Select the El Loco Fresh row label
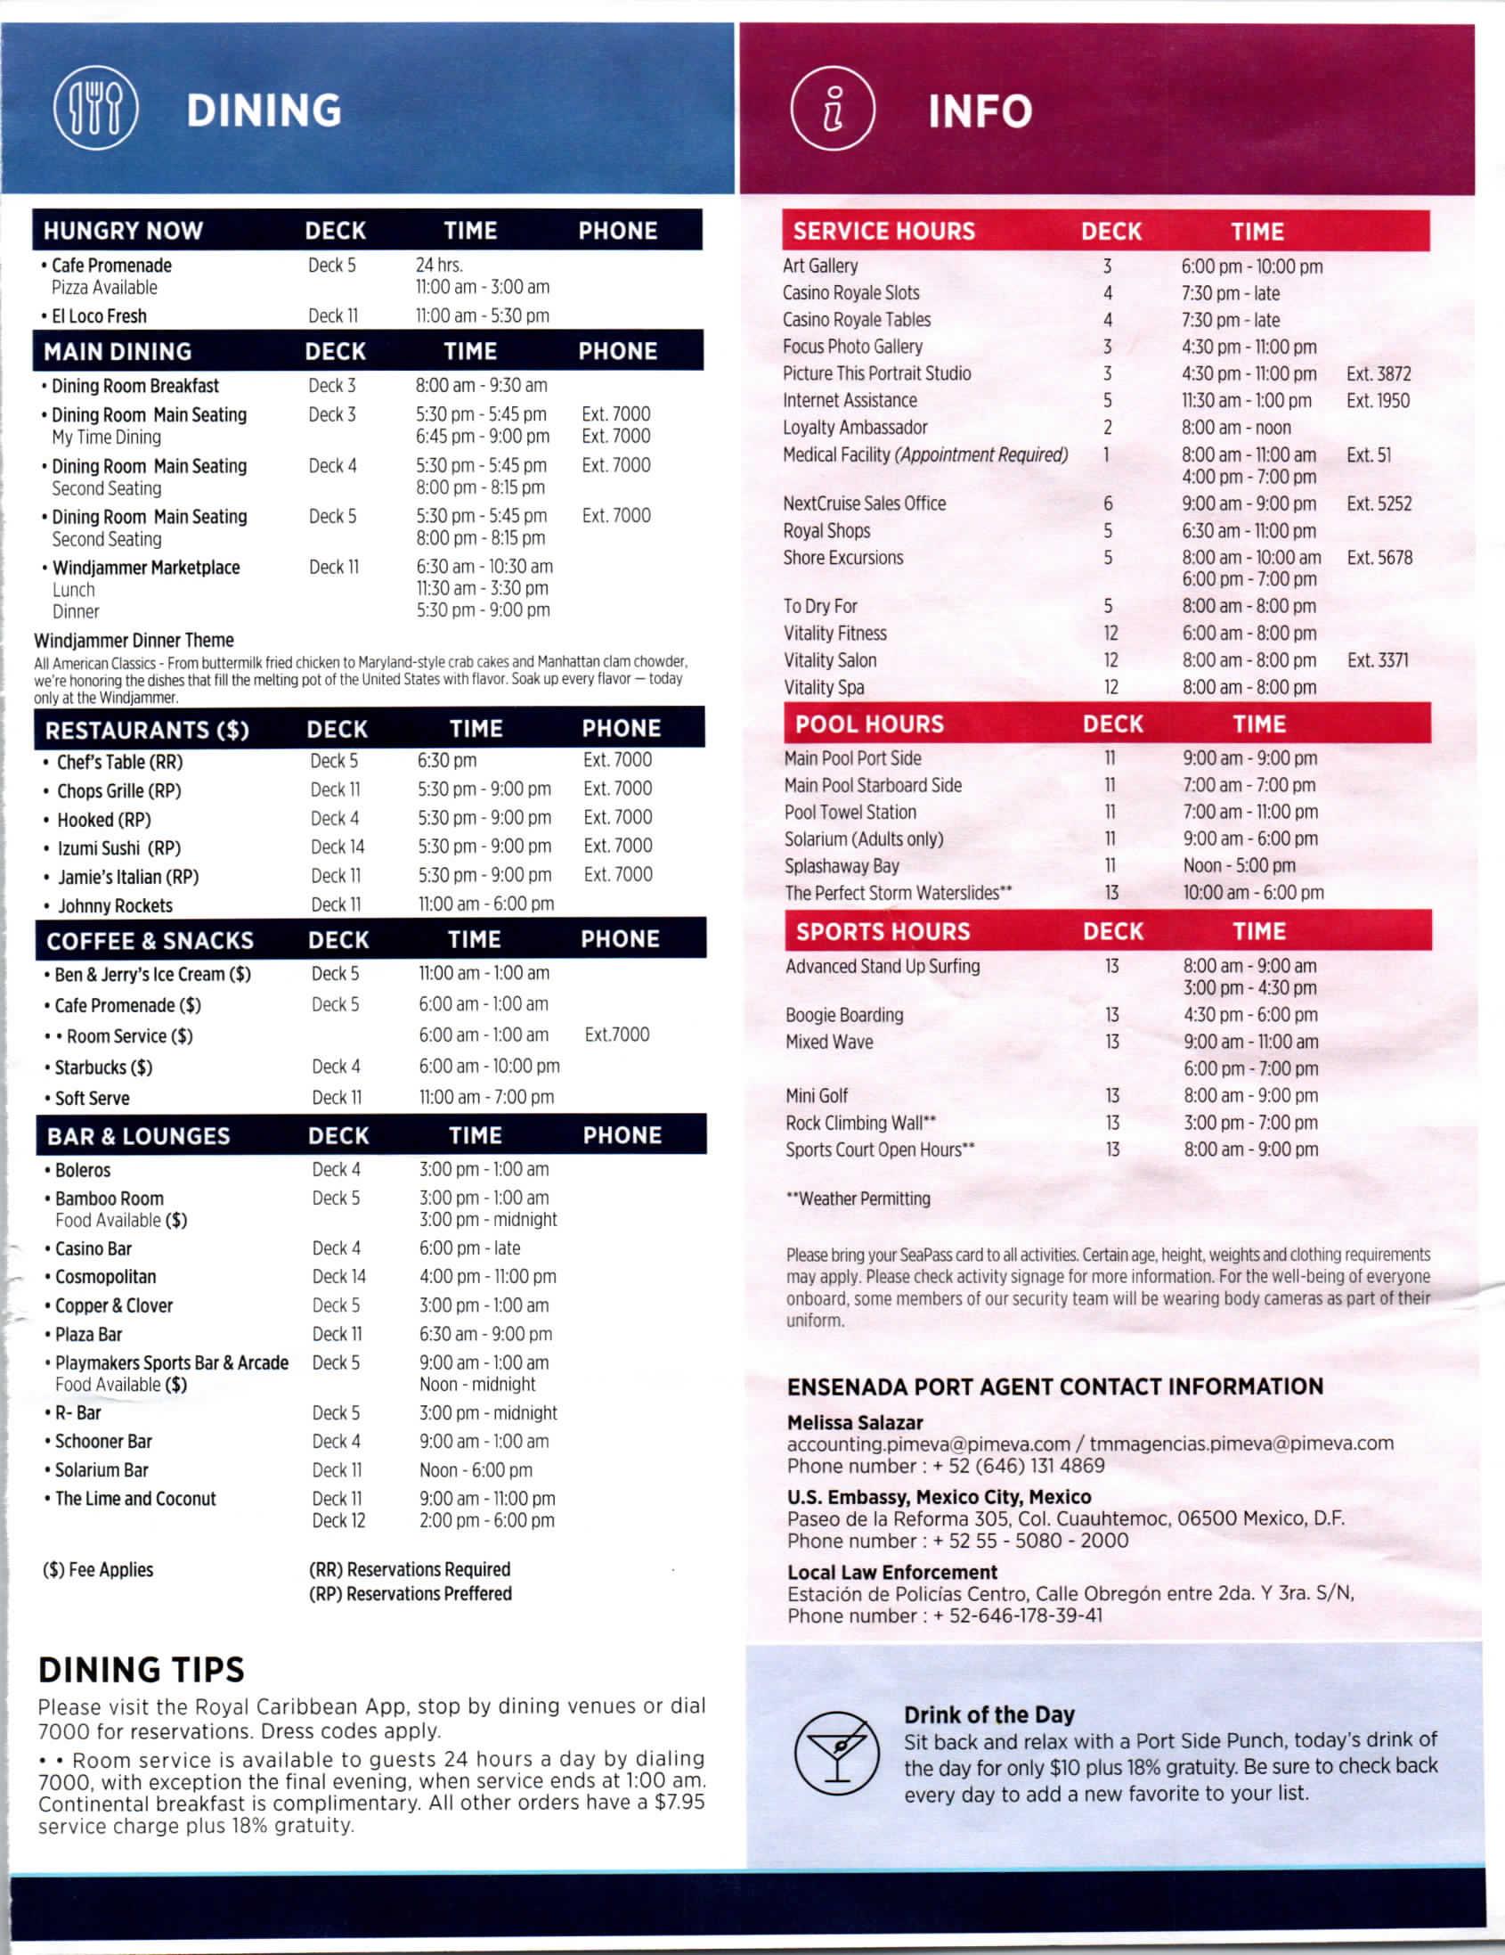(x=99, y=316)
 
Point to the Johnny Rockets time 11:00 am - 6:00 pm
(x=486, y=904)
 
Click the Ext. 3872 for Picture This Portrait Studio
(x=1378, y=373)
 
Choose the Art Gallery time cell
(x=1251, y=266)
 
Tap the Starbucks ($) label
(x=103, y=1067)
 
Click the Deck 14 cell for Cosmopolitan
(x=338, y=1277)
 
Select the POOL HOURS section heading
(x=869, y=724)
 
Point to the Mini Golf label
(x=816, y=1096)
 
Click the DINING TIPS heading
(x=141, y=1671)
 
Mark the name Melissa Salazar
(x=855, y=1422)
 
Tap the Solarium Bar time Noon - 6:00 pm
(x=476, y=1470)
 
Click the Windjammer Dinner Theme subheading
(x=134, y=640)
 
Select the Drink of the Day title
(x=988, y=1714)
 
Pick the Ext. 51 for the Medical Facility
(x=1368, y=454)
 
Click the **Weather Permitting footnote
(x=858, y=1198)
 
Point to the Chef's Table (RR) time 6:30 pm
(x=446, y=761)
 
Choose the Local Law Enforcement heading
(x=891, y=1572)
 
